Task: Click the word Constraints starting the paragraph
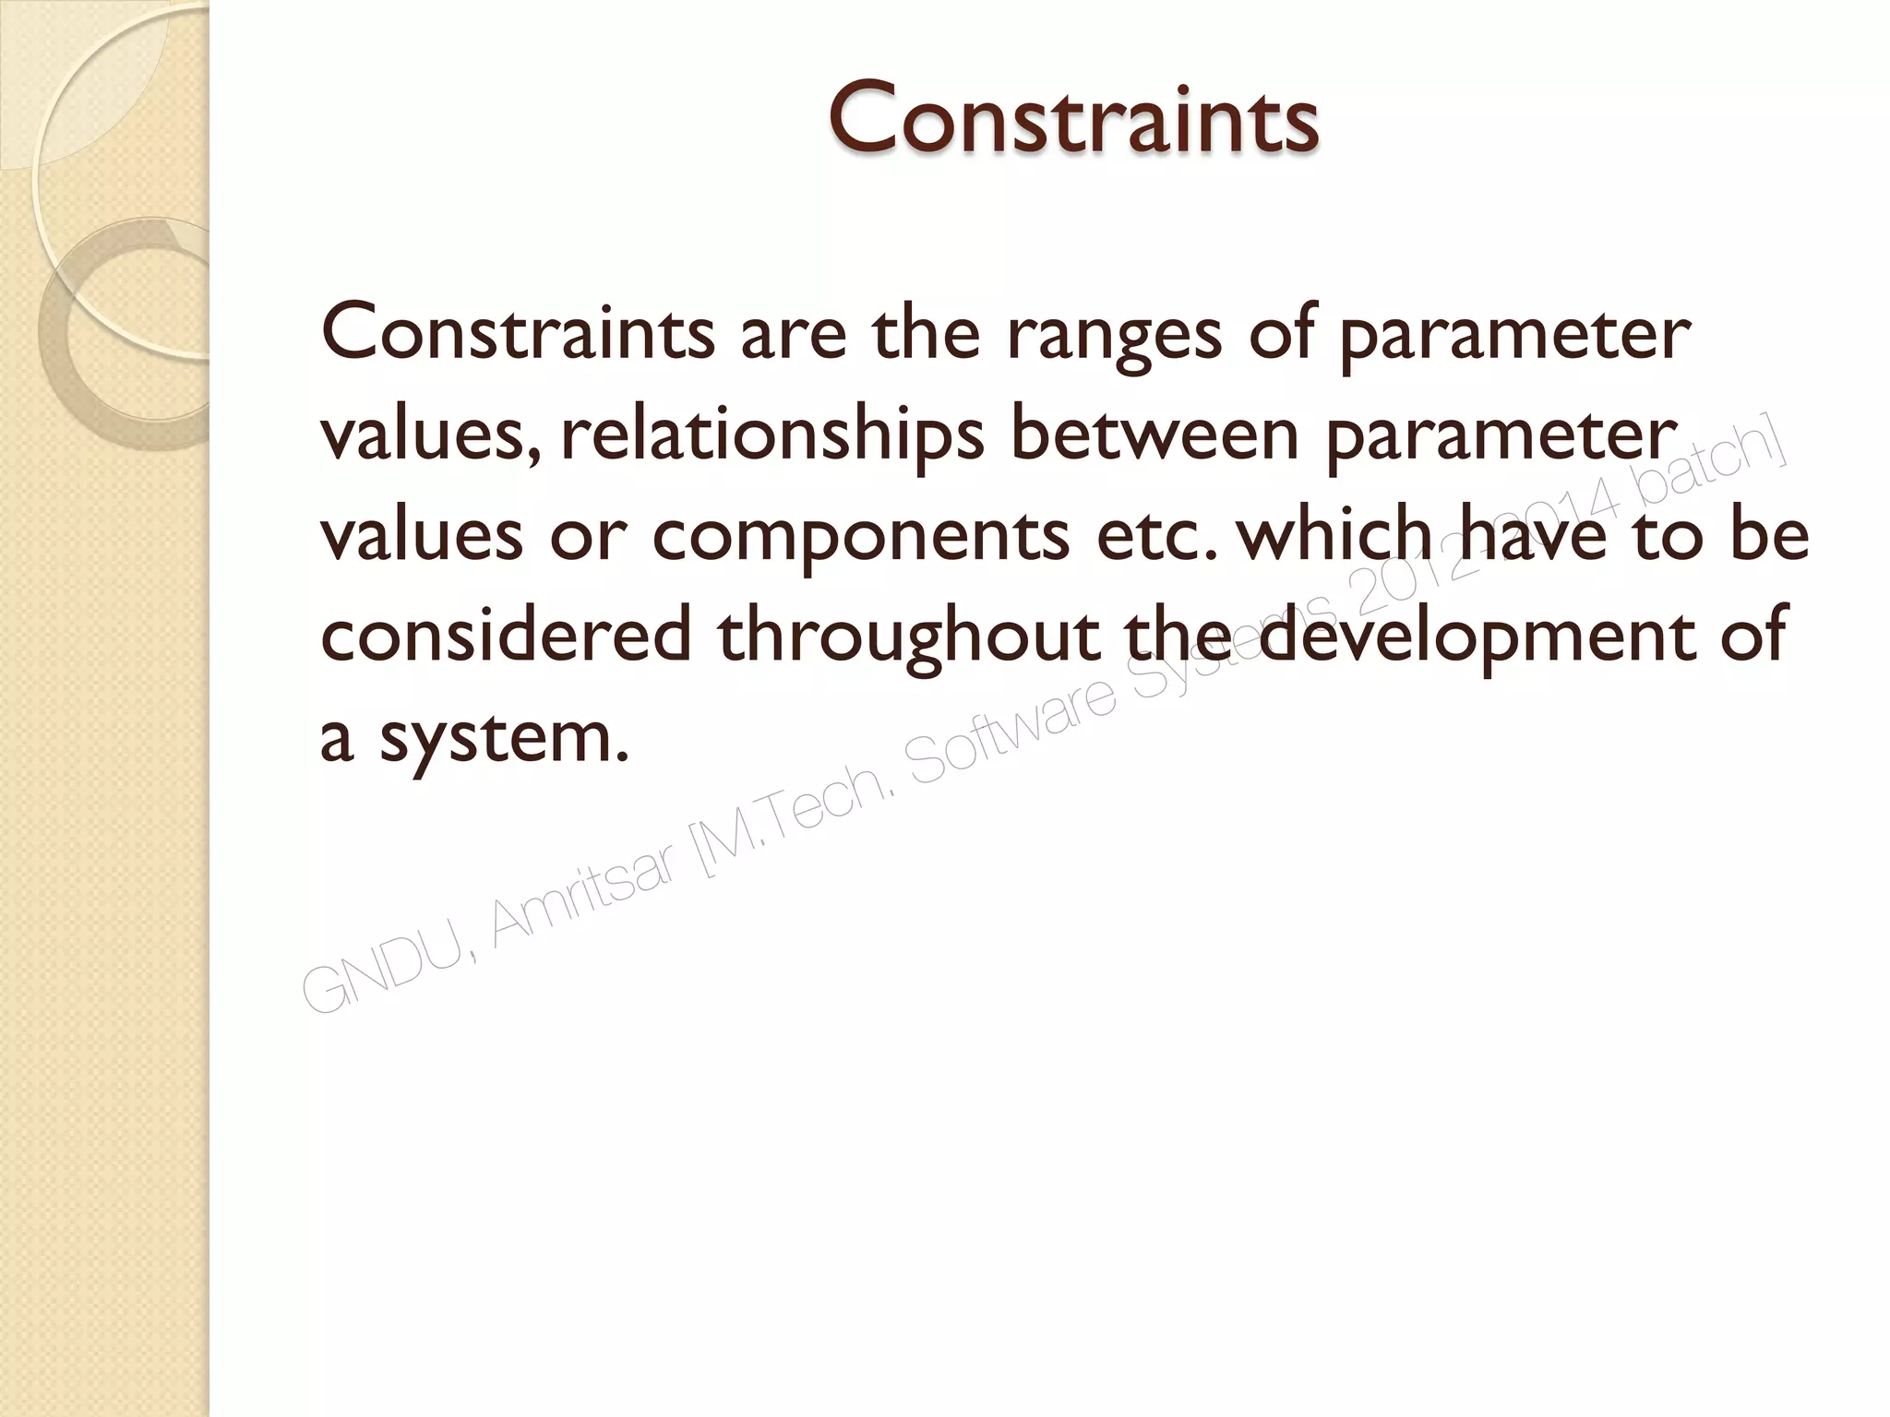click(x=517, y=333)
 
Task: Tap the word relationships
click(x=772, y=435)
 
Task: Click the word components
click(x=860, y=538)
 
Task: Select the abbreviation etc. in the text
click(x=1150, y=537)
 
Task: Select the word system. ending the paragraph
click(x=504, y=739)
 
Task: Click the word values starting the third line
click(x=421, y=536)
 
